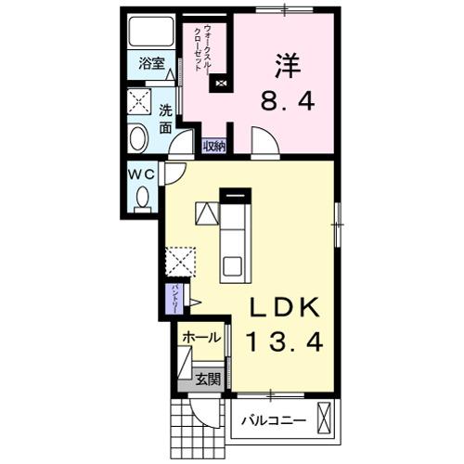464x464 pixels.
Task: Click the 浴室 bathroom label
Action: [x=151, y=64]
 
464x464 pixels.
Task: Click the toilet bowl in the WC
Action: [x=143, y=197]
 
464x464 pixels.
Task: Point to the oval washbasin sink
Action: [x=137, y=140]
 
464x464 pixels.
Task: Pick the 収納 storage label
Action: [x=214, y=146]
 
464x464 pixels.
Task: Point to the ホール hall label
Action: [x=201, y=338]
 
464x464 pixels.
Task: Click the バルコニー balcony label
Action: [x=274, y=420]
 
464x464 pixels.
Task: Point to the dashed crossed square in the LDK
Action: [x=179, y=261]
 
